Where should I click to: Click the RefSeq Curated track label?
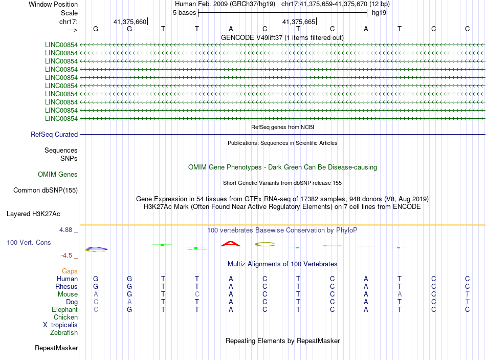(x=54, y=135)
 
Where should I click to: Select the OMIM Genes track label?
(x=58, y=175)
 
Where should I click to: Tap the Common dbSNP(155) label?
(x=46, y=190)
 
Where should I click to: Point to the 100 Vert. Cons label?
(x=29, y=242)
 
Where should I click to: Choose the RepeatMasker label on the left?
(x=56, y=348)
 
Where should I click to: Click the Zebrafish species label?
(x=64, y=333)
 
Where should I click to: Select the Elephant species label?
(x=64, y=310)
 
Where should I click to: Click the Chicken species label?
(x=65, y=317)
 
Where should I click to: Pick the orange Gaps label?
(x=70, y=271)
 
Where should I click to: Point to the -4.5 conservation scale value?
(x=68, y=256)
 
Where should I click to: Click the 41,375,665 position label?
(x=299, y=22)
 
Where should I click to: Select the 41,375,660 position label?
(x=130, y=22)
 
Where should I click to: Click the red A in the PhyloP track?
(x=230, y=243)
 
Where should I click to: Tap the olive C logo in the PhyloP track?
(x=265, y=244)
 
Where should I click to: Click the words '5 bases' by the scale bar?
(x=185, y=12)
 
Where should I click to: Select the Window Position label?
(x=53, y=4)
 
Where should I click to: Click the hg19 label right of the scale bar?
(x=379, y=12)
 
